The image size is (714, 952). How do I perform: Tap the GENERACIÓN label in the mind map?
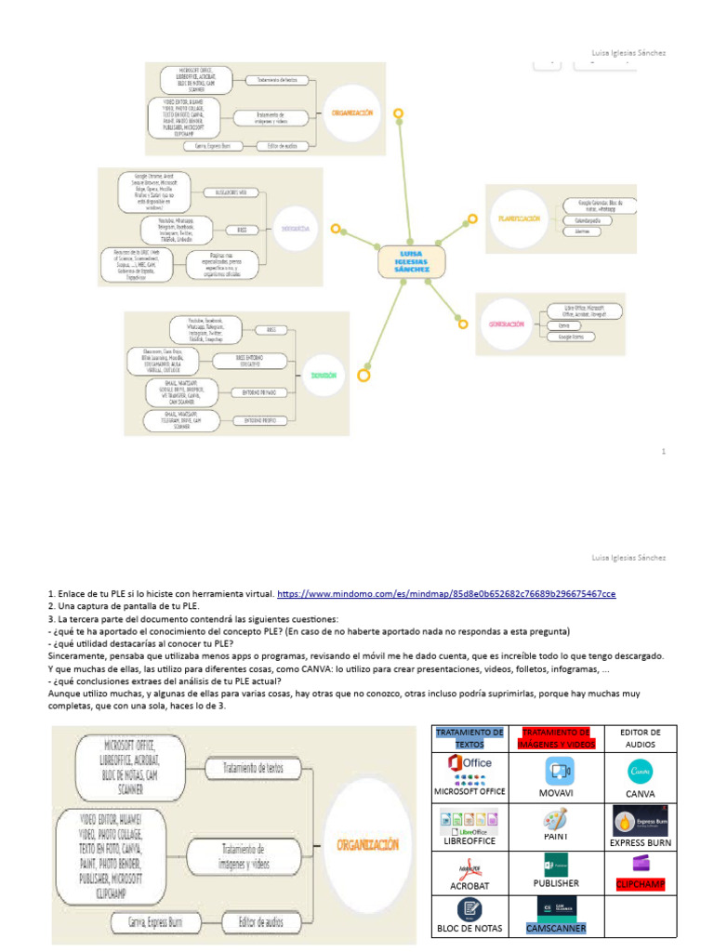click(508, 324)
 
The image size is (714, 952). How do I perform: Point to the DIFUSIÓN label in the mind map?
click(324, 375)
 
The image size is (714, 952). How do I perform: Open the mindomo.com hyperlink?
click(446, 593)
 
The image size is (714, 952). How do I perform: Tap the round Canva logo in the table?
click(641, 771)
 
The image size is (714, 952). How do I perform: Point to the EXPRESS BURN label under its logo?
click(641, 842)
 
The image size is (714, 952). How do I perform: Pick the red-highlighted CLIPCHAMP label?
click(641, 883)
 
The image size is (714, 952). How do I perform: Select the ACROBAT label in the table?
click(469, 886)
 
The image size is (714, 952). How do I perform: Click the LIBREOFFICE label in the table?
click(469, 840)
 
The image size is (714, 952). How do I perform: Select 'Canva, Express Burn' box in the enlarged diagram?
click(147, 922)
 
